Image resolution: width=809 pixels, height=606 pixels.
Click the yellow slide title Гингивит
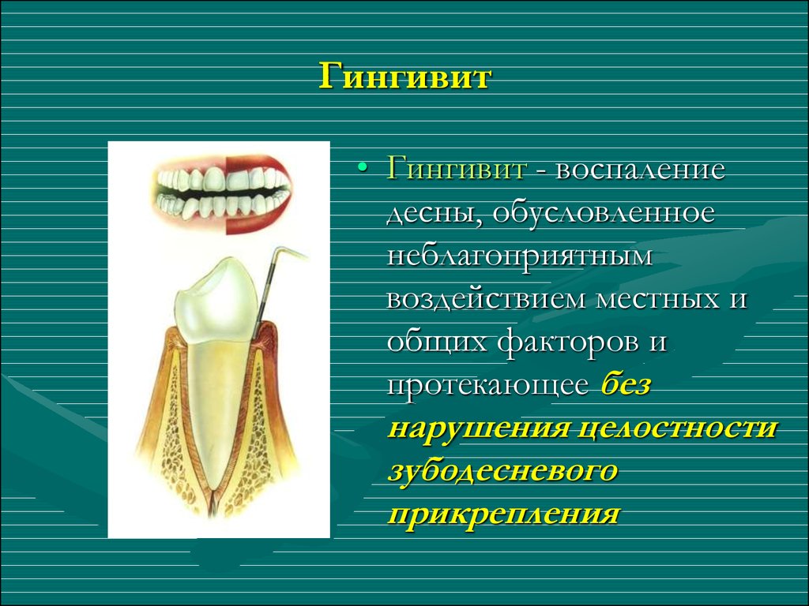(404, 77)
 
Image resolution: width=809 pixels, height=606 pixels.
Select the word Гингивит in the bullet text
(456, 169)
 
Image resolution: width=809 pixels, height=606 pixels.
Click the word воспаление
(640, 170)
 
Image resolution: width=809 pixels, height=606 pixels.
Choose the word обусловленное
(604, 213)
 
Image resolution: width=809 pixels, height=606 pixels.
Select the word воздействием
(486, 299)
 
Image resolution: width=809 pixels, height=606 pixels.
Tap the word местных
(657, 300)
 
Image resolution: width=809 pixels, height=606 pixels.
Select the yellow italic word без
(626, 384)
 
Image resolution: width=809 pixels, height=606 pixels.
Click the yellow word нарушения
(477, 428)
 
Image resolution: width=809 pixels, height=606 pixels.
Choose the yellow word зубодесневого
(503, 472)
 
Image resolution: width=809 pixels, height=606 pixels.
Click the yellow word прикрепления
(503, 514)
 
